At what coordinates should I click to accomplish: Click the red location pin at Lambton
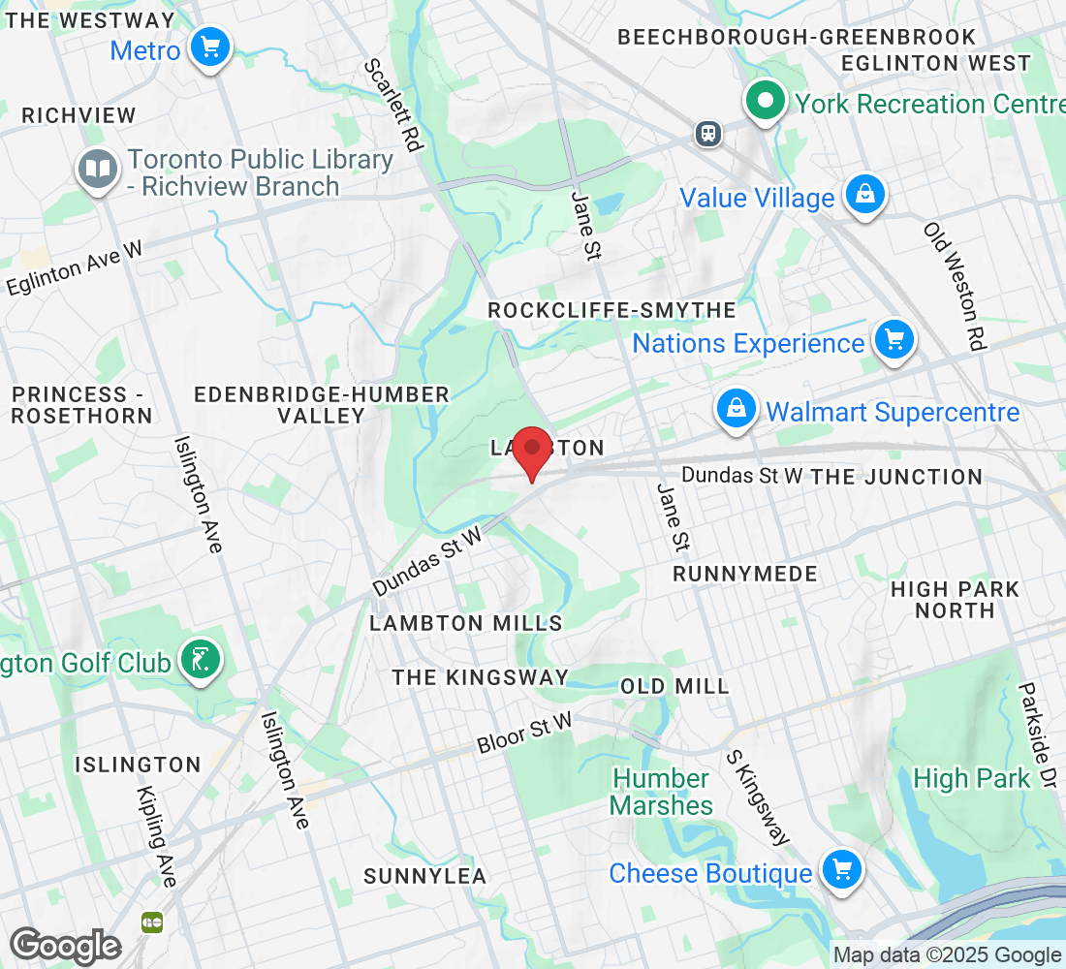coord(531,451)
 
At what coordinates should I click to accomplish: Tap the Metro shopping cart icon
coord(209,47)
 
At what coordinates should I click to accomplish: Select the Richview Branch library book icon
coord(97,170)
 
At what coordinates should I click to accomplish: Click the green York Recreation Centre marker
coord(765,101)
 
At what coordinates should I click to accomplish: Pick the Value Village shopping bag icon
coord(860,195)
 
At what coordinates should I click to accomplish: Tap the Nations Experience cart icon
coord(894,341)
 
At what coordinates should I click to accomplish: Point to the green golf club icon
coord(201,661)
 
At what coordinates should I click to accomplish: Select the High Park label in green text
coord(972,778)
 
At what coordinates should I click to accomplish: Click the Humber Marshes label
coord(662,792)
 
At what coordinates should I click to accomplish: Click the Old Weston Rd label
coord(956,286)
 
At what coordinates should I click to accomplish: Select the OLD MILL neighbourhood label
coord(674,686)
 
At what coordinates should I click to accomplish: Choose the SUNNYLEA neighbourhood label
coord(424,876)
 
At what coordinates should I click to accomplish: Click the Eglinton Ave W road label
coord(75,268)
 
